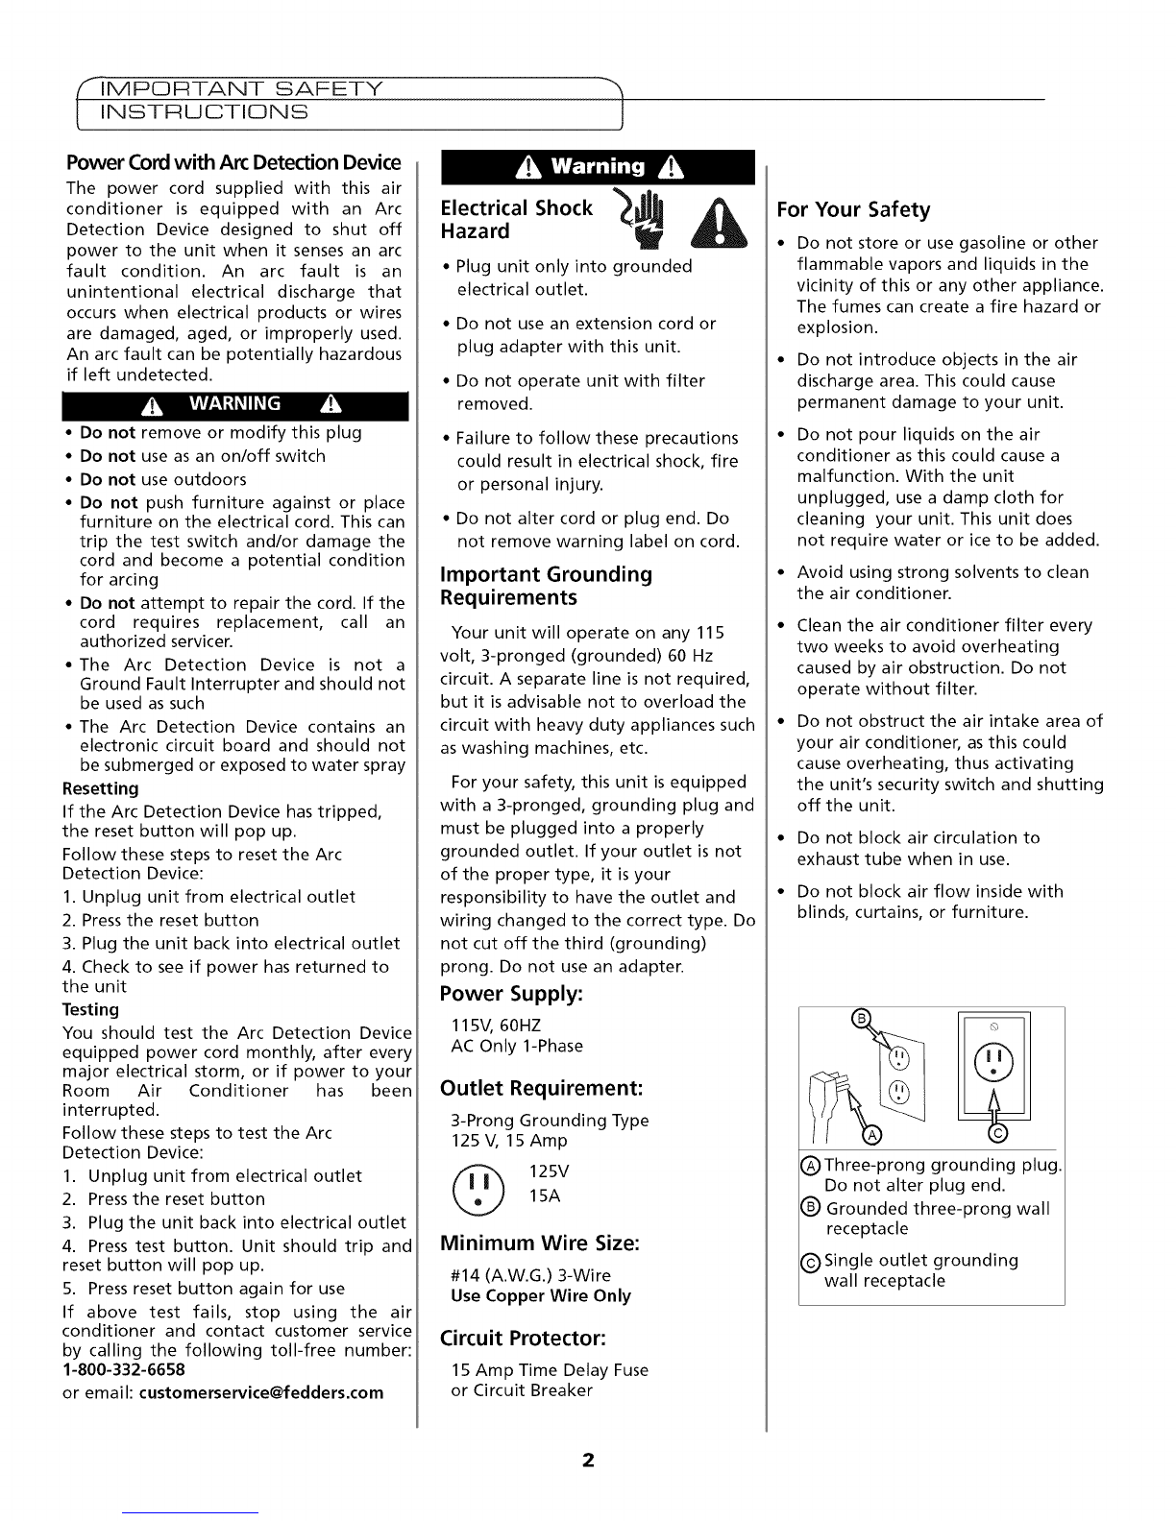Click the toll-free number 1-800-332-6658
123,1369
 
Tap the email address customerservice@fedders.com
260,1392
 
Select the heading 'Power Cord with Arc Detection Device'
232,163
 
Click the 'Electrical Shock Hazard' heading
516,220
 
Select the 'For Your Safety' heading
854,209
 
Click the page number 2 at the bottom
588,1461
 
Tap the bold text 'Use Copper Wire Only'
541,1295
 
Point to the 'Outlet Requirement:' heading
540,1089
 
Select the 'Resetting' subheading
100,788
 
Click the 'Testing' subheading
90,1009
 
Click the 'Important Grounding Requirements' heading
546,586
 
